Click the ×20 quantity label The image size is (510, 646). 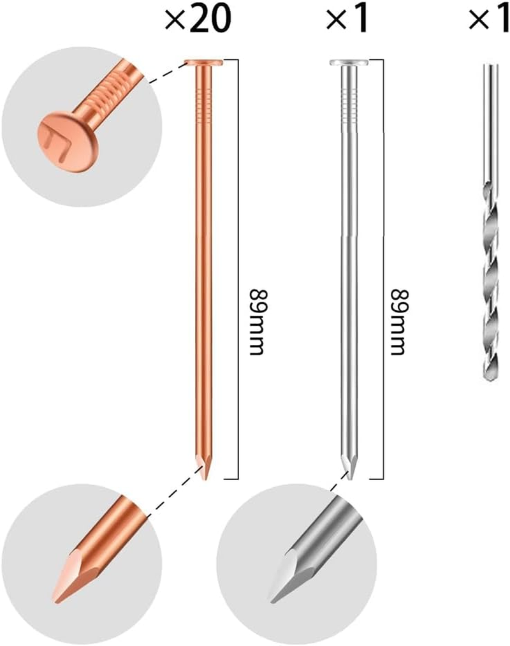tap(198, 18)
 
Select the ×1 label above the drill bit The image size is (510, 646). tap(489, 18)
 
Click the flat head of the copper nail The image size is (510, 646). tap(203, 63)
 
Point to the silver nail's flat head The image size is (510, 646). tap(349, 63)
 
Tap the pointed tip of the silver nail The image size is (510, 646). tap(350, 478)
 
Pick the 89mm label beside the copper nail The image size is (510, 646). tap(256, 322)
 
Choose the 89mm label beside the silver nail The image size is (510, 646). tap(398, 322)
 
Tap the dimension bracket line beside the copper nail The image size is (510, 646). tap(238, 270)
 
